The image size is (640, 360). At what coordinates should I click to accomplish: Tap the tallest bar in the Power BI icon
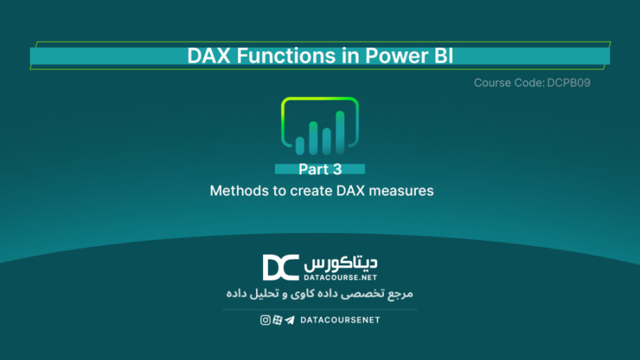(x=340, y=132)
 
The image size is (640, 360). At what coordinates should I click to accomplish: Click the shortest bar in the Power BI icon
(x=299, y=145)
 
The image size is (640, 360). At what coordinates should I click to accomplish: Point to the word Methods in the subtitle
(x=234, y=191)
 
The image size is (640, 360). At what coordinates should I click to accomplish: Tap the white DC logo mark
(x=281, y=268)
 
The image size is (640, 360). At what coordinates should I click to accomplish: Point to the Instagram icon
(x=265, y=320)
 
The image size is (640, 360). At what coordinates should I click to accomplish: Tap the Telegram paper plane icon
(x=289, y=320)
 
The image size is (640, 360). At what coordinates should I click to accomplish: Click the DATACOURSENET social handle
(x=340, y=320)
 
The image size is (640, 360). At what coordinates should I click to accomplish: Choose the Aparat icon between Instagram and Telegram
(x=277, y=320)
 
